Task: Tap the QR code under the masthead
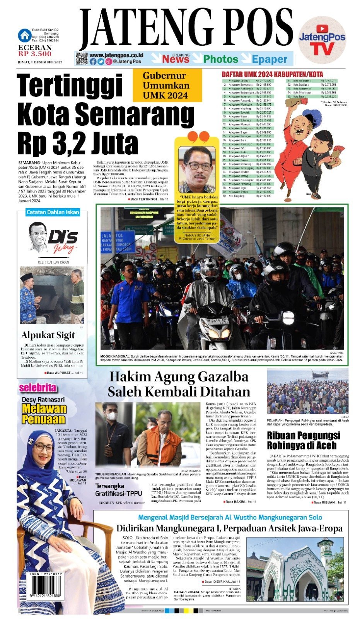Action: coord(81,58)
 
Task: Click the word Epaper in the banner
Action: coord(270,60)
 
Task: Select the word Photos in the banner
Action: coord(220,59)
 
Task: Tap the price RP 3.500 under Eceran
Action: coord(34,54)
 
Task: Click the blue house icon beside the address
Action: coord(25,36)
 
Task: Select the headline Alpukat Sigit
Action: coord(48,335)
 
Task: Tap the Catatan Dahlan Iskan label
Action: coord(53,212)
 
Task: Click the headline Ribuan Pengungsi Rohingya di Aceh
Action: coord(304,440)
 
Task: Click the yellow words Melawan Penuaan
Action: coord(44,414)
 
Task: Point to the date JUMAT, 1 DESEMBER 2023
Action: coord(40,62)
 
